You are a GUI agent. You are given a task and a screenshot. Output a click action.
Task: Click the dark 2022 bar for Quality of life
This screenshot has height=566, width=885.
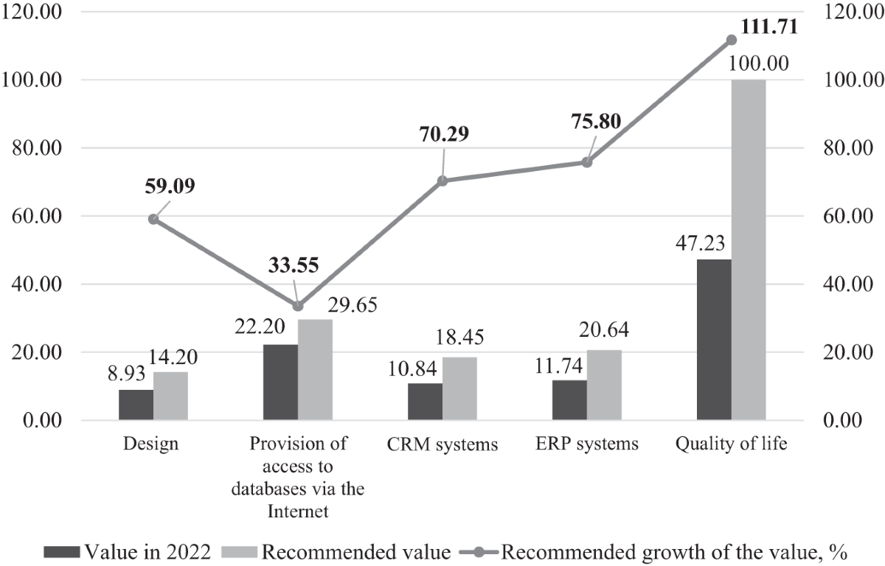714,340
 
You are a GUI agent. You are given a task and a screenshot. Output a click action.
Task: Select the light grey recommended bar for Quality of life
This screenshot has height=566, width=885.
749,250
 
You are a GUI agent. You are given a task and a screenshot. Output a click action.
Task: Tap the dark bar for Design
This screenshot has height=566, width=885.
136,405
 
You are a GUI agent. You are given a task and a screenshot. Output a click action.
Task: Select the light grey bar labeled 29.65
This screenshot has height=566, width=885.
315,370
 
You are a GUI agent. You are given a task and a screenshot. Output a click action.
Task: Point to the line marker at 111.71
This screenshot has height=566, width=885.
732,40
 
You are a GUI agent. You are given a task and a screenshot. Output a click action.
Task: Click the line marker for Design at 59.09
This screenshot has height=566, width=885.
153,219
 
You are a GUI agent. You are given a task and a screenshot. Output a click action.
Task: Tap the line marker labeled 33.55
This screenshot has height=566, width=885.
298,306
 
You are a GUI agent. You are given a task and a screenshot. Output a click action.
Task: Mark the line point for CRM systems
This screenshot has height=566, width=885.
442,181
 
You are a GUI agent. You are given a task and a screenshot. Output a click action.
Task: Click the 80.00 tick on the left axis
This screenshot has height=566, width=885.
36,147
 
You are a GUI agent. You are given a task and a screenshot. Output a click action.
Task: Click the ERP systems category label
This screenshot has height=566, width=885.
587,444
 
